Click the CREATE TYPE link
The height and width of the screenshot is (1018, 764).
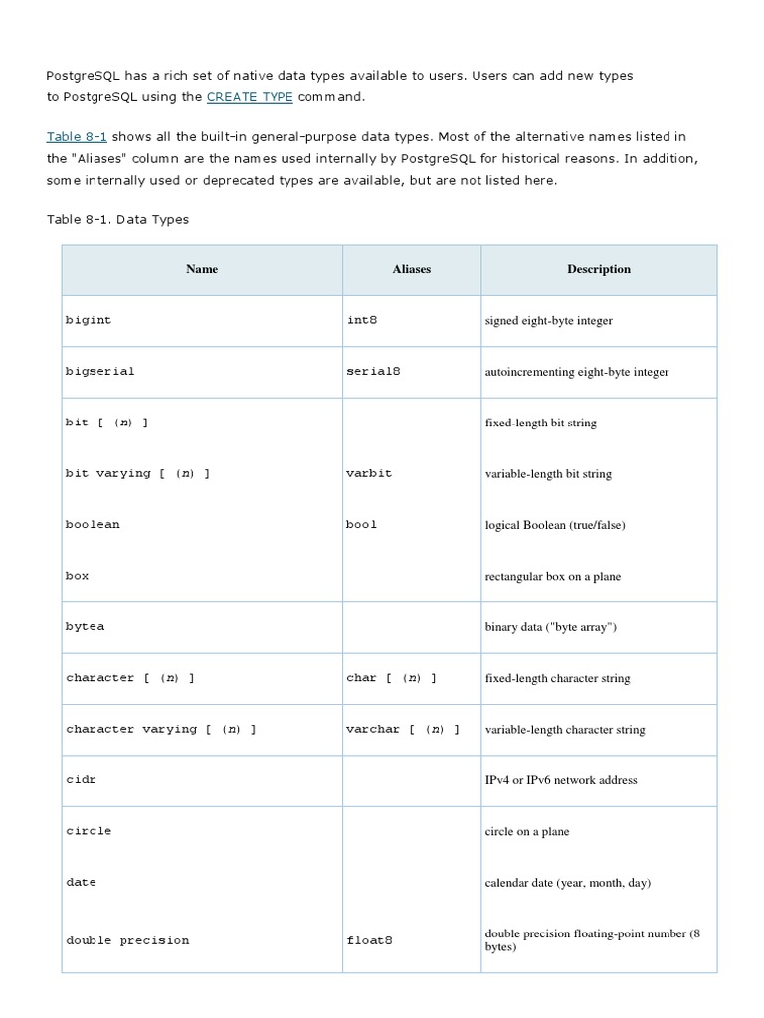(x=250, y=97)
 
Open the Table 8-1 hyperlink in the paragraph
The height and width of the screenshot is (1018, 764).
(x=77, y=137)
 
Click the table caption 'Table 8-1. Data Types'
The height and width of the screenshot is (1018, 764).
(x=117, y=219)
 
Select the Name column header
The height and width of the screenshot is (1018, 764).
(x=202, y=269)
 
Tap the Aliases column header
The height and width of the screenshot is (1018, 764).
(x=412, y=269)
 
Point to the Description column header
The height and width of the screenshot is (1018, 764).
(x=599, y=269)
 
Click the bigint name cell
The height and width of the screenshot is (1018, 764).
(x=89, y=321)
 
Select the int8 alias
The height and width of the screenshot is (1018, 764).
(x=362, y=321)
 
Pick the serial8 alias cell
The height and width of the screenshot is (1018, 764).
(x=373, y=371)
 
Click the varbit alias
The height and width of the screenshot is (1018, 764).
(x=369, y=473)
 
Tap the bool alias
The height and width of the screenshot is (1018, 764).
(x=362, y=524)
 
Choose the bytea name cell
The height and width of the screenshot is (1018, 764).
(x=85, y=627)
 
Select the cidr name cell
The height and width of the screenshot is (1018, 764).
(x=81, y=780)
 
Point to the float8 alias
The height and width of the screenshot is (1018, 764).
(x=369, y=940)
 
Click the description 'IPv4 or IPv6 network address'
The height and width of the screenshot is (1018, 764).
(x=561, y=780)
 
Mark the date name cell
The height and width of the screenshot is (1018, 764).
(x=81, y=883)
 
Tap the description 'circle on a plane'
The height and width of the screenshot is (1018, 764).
(x=527, y=831)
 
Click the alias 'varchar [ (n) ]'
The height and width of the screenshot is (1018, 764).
(x=403, y=729)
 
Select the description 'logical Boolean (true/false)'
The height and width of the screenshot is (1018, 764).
(x=555, y=525)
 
